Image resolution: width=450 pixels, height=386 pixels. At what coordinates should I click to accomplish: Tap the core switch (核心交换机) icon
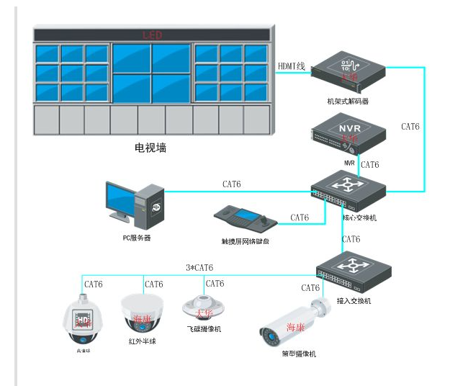349,189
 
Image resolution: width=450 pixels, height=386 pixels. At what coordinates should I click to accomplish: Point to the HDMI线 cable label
292,66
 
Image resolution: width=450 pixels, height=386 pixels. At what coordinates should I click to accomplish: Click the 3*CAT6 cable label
199,268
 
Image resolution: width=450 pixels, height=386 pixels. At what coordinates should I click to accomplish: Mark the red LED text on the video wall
153,35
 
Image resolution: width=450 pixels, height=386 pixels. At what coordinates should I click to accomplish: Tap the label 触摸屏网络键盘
249,241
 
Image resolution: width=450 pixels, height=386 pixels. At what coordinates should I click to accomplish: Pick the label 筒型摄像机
298,354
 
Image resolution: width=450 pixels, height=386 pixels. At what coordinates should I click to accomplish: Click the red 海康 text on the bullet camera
296,327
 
